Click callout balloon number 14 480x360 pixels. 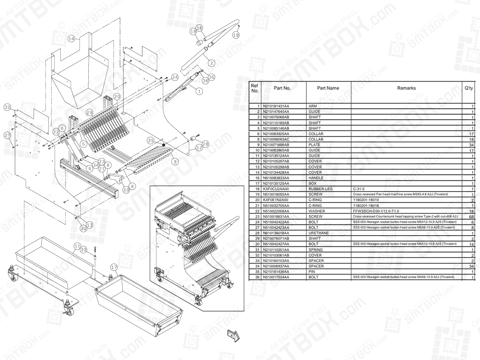(71, 39)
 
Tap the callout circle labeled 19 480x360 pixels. (236, 35)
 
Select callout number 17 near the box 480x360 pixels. (114, 267)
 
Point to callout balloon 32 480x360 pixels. (7, 107)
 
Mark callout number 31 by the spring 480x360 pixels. (150, 141)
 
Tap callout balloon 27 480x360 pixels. (7, 136)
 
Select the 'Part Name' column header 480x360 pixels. (328, 88)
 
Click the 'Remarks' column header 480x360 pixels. (406, 88)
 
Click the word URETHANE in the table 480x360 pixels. (318, 233)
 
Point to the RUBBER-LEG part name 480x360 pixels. (321, 188)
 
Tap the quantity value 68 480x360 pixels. (471, 216)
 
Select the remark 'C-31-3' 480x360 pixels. (360, 188)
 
